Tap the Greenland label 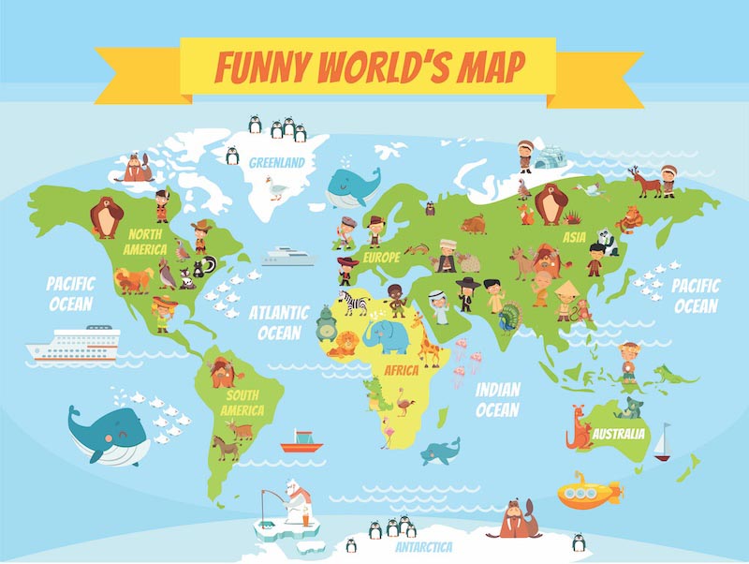[x=277, y=162]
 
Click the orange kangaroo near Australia [x=579, y=429]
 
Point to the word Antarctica [x=424, y=545]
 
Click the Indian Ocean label [x=497, y=400]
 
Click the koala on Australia [x=634, y=408]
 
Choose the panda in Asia [x=609, y=243]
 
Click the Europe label [x=382, y=257]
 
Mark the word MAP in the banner [x=487, y=67]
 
